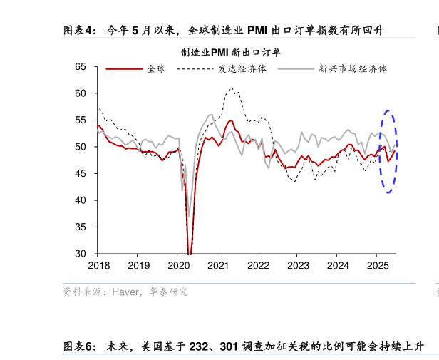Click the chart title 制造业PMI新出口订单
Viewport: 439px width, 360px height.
pyautogui.click(x=230, y=52)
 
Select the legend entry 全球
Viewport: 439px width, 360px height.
pyautogui.click(x=155, y=69)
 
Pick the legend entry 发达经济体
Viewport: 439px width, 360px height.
pyautogui.click(x=242, y=69)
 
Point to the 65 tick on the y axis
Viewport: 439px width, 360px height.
pyautogui.click(x=81, y=67)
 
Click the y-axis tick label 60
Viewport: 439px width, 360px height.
pyautogui.click(x=81, y=93)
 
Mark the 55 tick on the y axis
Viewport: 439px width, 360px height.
pyautogui.click(x=81, y=120)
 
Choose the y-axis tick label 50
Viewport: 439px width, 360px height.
pyautogui.click(x=81, y=147)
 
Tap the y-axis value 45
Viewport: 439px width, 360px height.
pyautogui.click(x=81, y=174)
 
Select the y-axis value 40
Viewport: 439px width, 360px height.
pyautogui.click(x=81, y=200)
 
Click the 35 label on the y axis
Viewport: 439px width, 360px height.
pyautogui.click(x=81, y=227)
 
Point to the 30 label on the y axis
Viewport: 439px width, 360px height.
pyautogui.click(x=81, y=254)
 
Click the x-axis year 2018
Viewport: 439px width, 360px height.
pyautogui.click(x=98, y=266)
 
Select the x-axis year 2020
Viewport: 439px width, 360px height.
pyautogui.click(x=178, y=266)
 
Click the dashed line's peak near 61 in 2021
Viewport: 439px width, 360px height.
pyautogui.click(x=232, y=88)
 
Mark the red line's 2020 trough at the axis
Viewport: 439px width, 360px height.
pyautogui.click(x=190, y=252)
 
